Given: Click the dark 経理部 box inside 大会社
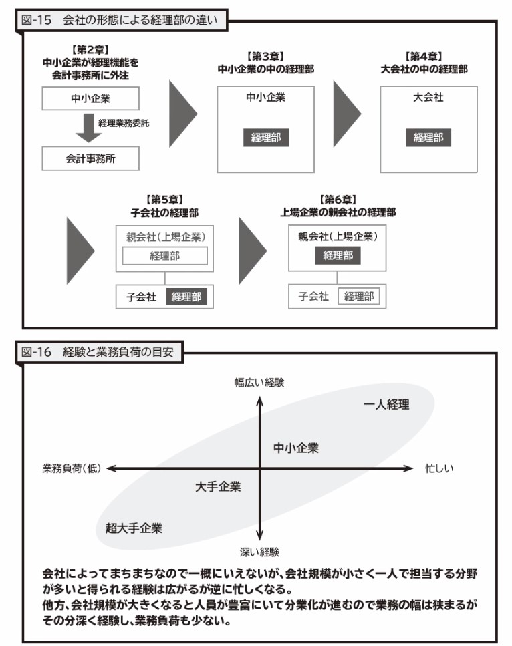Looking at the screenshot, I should [x=428, y=138].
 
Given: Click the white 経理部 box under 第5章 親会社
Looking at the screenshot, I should [x=164, y=256].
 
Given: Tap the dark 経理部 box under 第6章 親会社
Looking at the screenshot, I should [x=338, y=255].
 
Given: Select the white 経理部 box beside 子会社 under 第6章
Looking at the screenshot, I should [x=358, y=297].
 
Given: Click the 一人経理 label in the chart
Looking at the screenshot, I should [x=386, y=404].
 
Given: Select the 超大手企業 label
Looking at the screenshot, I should [x=134, y=528].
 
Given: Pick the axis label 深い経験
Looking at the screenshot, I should [x=259, y=552].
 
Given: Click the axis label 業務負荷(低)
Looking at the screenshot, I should [x=70, y=468].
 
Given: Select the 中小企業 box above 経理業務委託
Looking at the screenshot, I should [x=90, y=99].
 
